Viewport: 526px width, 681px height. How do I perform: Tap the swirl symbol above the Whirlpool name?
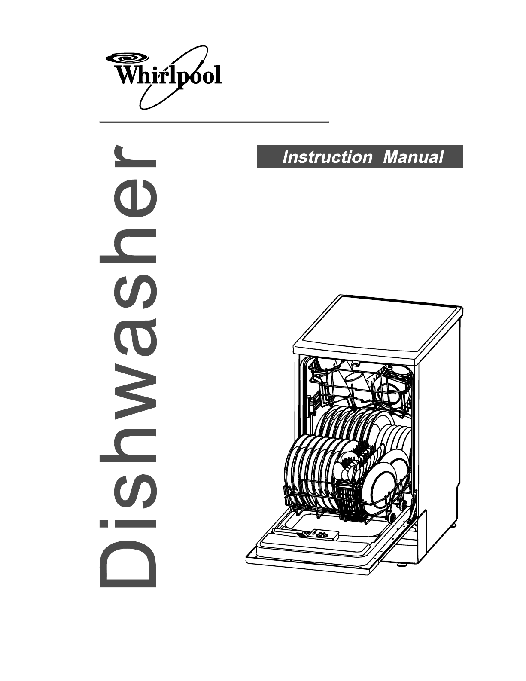tap(127, 58)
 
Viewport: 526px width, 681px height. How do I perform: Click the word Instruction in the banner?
tap(327, 157)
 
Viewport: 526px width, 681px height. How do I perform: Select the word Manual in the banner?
tap(413, 157)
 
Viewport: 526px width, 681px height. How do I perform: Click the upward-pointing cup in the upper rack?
tap(355, 376)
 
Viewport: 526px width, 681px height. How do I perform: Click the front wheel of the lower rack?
tap(392, 517)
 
